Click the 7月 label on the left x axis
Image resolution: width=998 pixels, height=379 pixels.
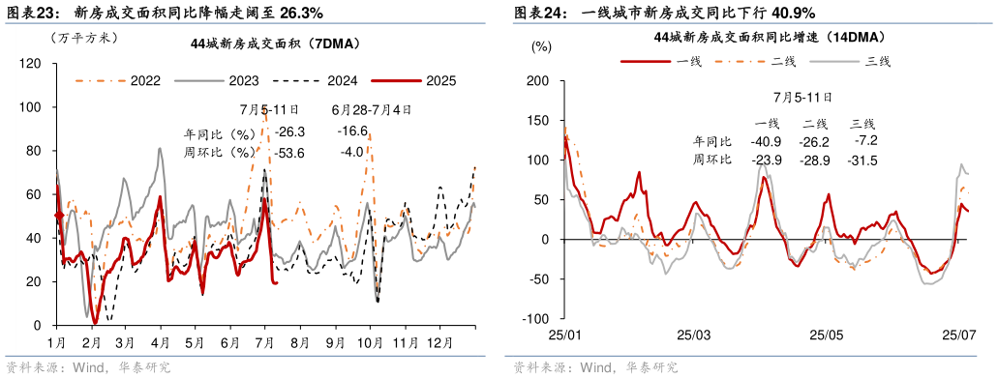point(265,342)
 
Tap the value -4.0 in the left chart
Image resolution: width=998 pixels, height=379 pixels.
point(351,152)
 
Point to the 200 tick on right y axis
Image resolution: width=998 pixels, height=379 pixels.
point(537,81)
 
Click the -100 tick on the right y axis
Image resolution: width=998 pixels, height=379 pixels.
point(535,319)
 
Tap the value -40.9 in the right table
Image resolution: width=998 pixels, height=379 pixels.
point(767,141)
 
